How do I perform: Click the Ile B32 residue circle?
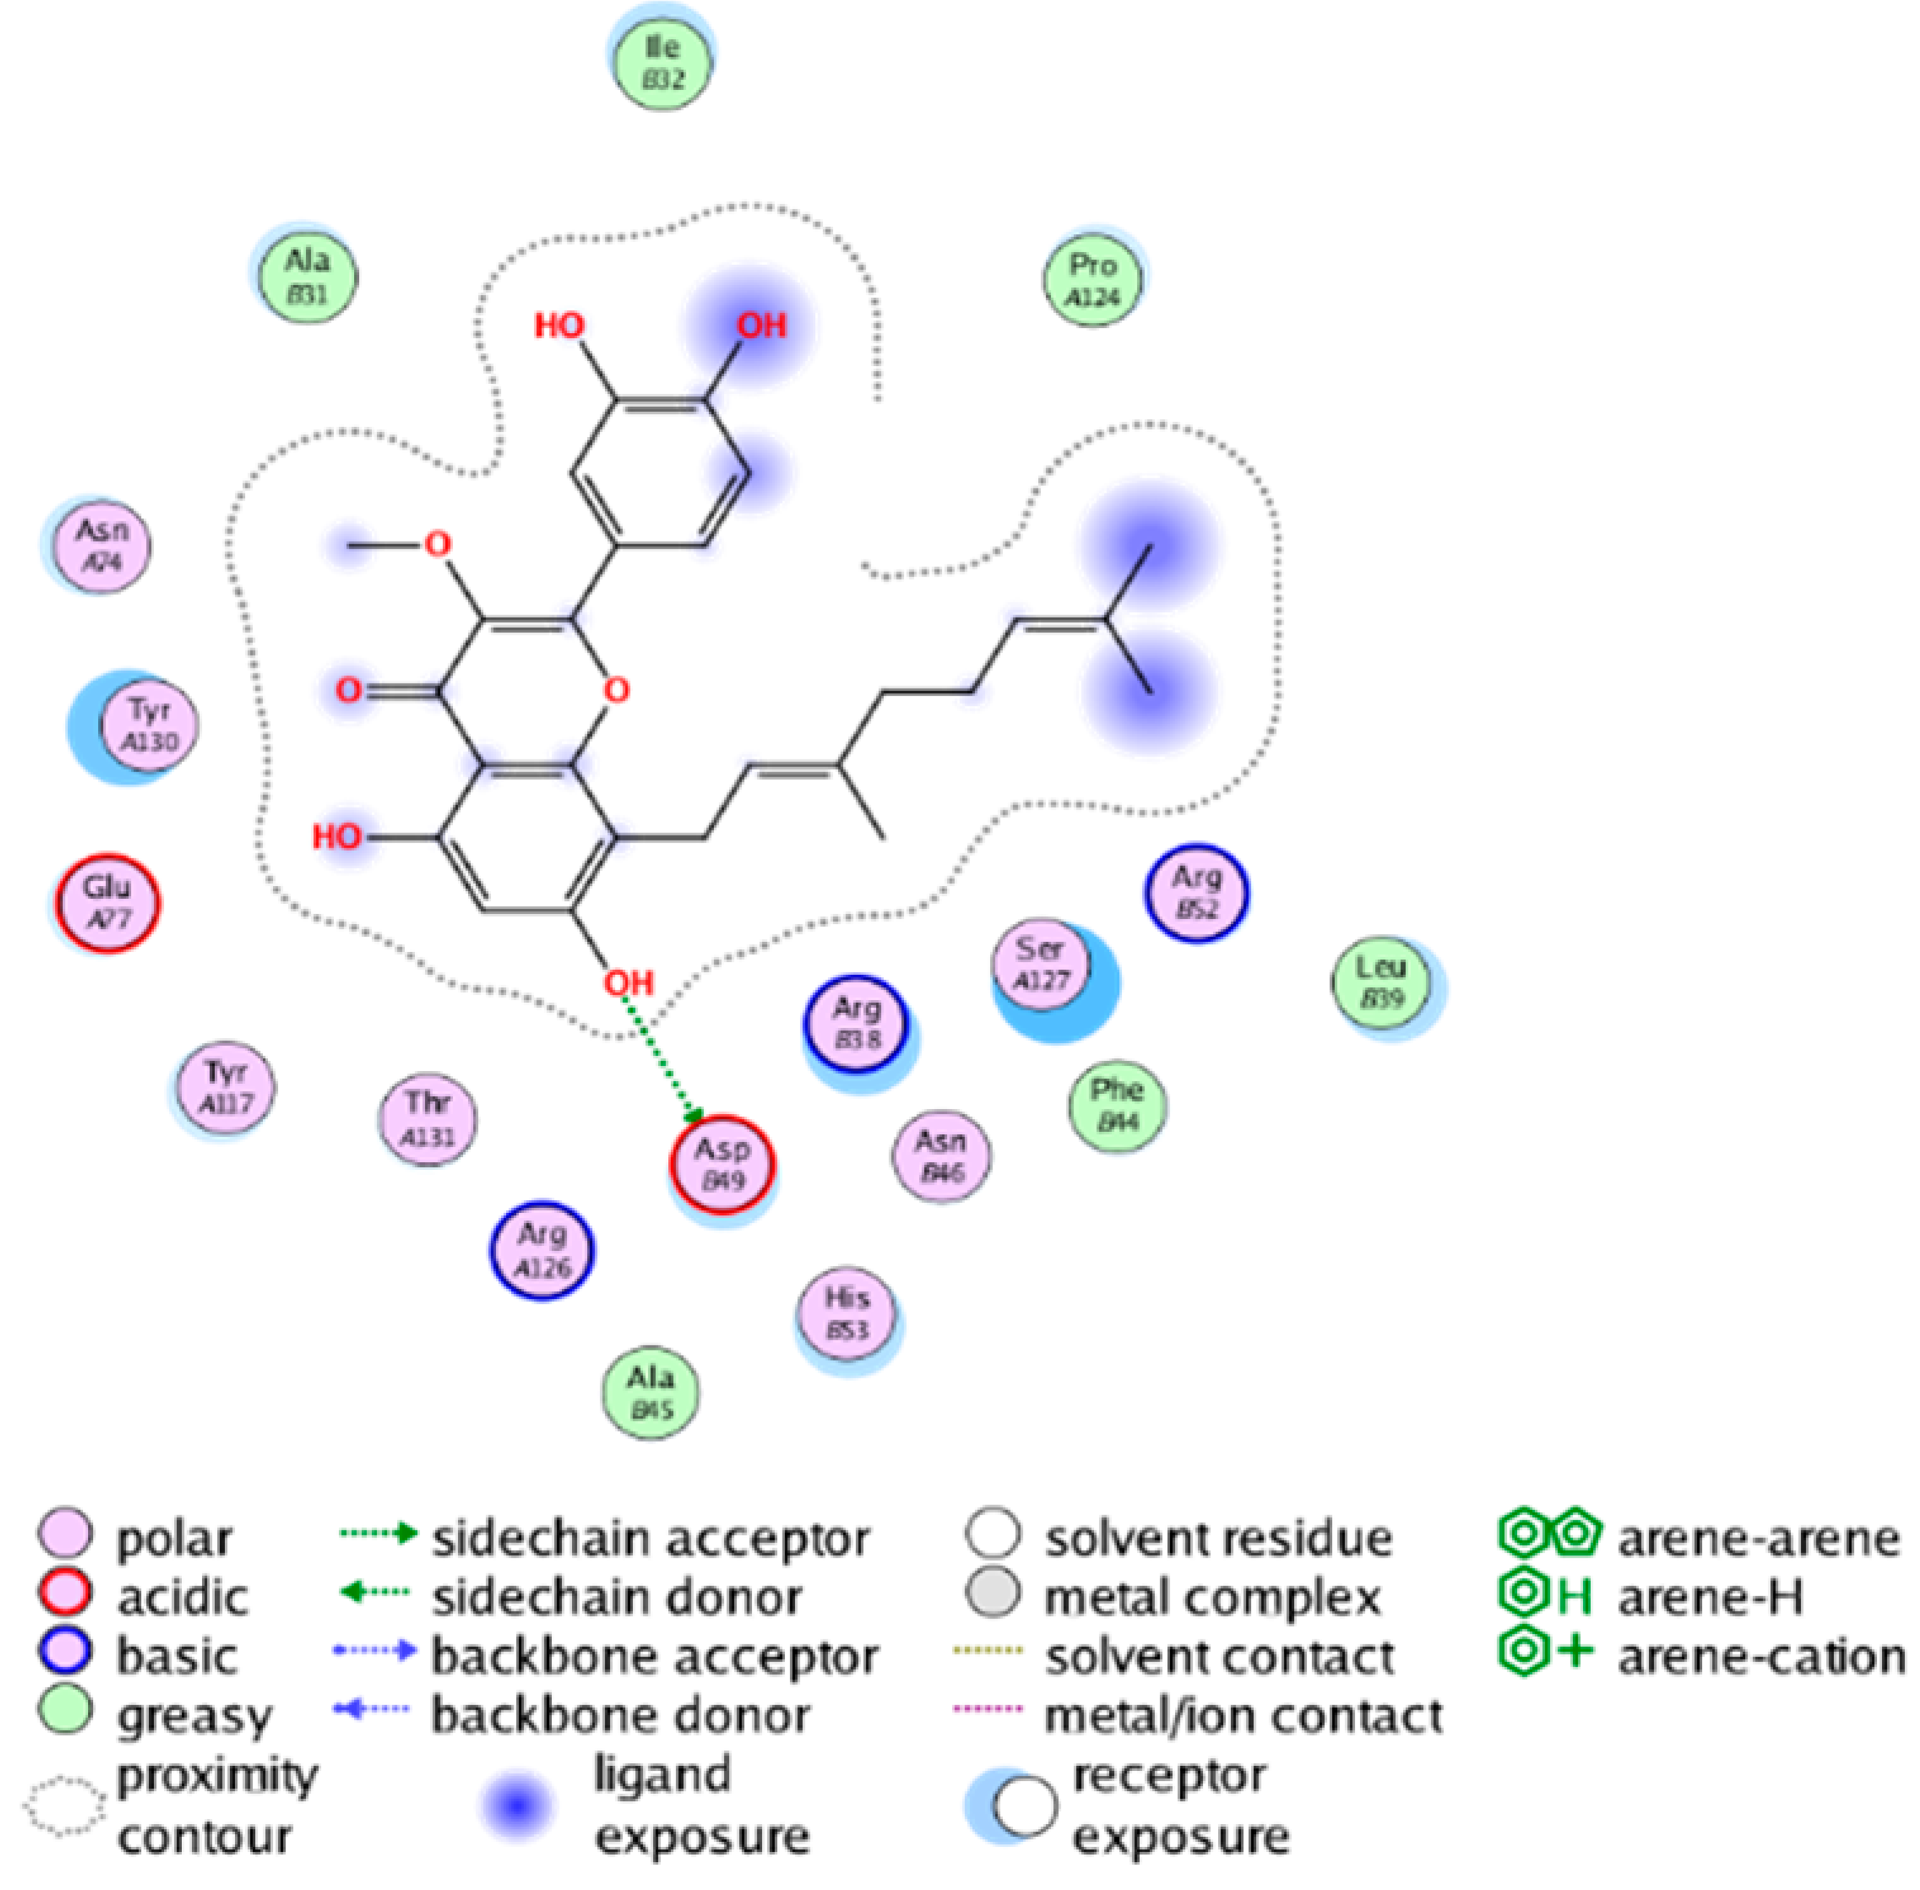pyautogui.click(x=661, y=61)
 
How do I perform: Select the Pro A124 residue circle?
pyautogui.click(x=1092, y=279)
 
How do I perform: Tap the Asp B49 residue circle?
pyautogui.click(x=722, y=1164)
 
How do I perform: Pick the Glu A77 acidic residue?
pyautogui.click(x=107, y=903)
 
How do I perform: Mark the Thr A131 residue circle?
pyautogui.click(x=428, y=1119)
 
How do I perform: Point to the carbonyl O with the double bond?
pyautogui.click(x=348, y=690)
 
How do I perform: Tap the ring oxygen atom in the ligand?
pyautogui.click(x=616, y=690)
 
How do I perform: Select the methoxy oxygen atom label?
pyautogui.click(x=437, y=544)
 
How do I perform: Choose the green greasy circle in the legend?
pyautogui.click(x=65, y=1711)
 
